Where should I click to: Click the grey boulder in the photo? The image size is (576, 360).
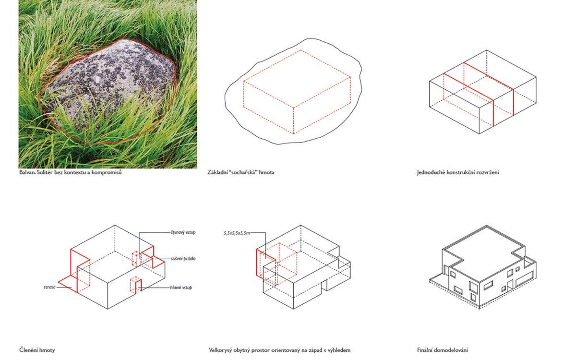click(x=108, y=87)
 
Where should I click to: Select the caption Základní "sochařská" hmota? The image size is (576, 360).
click(x=240, y=172)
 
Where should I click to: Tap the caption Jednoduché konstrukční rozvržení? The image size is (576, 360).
click(x=458, y=172)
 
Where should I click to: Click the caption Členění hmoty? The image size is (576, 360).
click(x=37, y=350)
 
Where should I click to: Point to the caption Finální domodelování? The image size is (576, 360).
click(x=443, y=350)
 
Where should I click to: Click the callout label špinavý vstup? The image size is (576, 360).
click(x=183, y=232)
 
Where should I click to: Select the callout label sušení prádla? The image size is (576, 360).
click(x=183, y=259)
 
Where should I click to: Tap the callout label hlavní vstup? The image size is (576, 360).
click(x=181, y=288)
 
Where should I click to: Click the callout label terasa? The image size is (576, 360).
click(x=49, y=287)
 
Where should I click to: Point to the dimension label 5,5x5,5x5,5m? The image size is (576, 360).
click(x=237, y=233)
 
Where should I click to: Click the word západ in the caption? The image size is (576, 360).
click(x=315, y=350)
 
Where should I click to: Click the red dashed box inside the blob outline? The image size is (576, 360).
click(x=297, y=92)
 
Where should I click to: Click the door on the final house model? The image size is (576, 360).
click(x=510, y=285)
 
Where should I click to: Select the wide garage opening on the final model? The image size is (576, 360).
click(x=524, y=279)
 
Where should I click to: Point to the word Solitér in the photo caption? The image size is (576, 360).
click(x=45, y=172)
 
